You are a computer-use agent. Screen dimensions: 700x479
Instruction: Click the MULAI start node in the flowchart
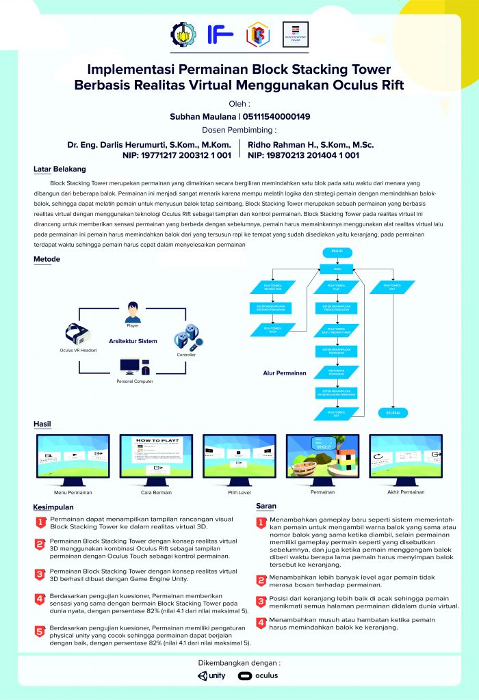click(x=337, y=251)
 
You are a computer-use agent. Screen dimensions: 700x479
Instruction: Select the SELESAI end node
click(x=392, y=413)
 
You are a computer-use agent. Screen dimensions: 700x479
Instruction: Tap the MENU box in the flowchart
click(x=337, y=269)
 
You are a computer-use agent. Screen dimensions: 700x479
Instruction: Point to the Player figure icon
click(x=133, y=311)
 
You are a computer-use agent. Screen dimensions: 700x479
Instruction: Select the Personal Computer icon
click(x=133, y=368)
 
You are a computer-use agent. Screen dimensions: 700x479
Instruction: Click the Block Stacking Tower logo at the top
click(x=296, y=34)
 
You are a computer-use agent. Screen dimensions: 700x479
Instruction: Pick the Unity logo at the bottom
click(x=211, y=675)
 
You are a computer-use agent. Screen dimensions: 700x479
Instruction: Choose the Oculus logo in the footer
click(x=258, y=675)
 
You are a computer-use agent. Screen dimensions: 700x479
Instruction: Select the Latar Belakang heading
click(x=60, y=169)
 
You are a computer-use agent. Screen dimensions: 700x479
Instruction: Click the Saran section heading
click(x=266, y=506)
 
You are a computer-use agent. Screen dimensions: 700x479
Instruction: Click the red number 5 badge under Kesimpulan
click(x=40, y=630)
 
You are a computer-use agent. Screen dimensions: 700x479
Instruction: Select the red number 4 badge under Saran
click(x=261, y=623)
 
